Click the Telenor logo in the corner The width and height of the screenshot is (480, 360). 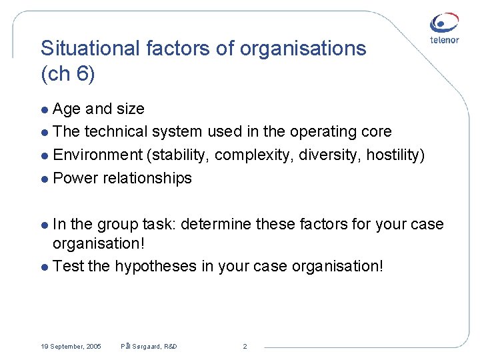point(444,29)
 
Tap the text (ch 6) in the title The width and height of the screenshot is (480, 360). point(68,74)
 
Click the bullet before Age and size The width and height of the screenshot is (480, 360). point(45,109)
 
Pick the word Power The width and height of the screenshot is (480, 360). point(75,178)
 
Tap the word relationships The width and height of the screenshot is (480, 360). point(147,178)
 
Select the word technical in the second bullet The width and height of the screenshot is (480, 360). point(115,131)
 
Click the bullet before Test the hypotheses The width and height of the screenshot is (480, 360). point(45,267)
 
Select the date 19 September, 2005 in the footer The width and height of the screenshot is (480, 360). point(71,347)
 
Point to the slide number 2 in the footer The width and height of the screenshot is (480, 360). point(245,347)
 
